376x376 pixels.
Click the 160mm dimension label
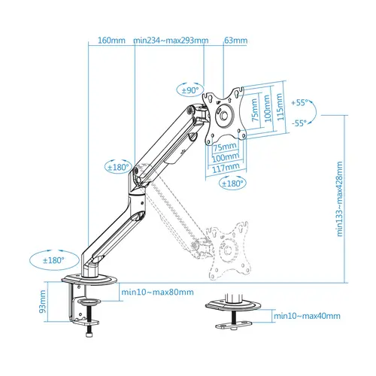pos(111,41)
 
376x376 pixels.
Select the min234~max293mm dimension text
pos(171,41)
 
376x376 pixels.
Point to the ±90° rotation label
pos(191,89)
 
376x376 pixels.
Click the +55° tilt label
pos(302,102)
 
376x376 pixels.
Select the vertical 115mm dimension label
pos(280,108)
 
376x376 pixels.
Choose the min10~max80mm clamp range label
pos(157,293)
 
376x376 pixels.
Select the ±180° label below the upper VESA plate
pos(233,183)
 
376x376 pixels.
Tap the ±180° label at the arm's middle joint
pos(119,168)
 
